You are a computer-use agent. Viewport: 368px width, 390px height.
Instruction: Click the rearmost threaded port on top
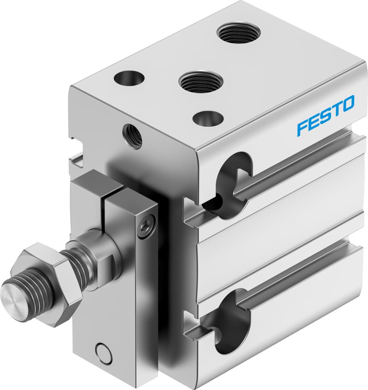tap(238, 32)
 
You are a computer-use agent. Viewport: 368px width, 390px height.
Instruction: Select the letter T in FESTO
tap(336, 109)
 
